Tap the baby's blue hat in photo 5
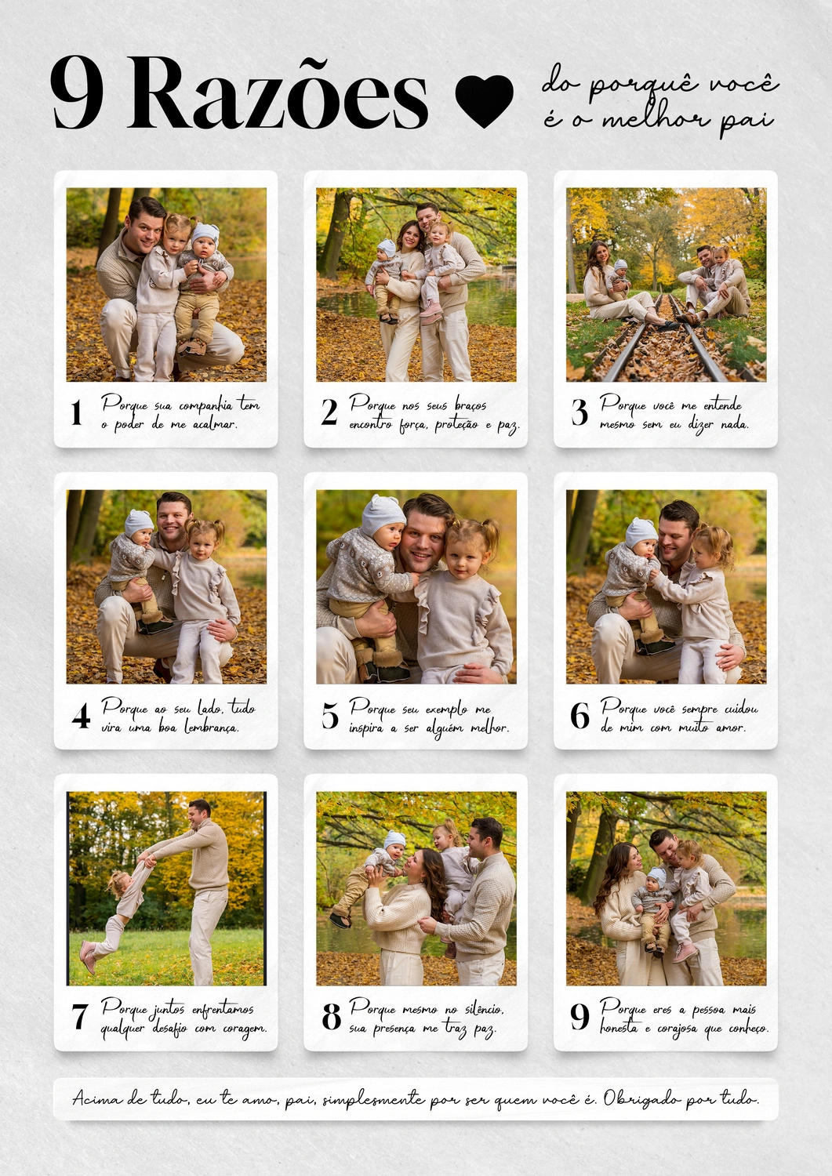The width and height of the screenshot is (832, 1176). click(x=384, y=516)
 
